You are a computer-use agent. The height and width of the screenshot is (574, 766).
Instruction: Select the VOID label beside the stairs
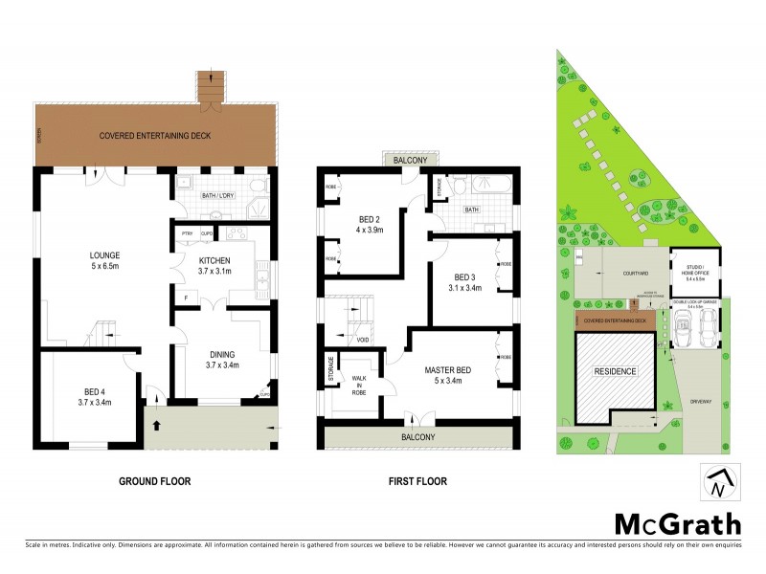point(363,340)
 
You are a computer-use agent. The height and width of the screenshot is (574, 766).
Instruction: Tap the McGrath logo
point(677,524)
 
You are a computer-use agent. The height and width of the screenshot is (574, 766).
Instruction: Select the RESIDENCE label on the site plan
point(614,371)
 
